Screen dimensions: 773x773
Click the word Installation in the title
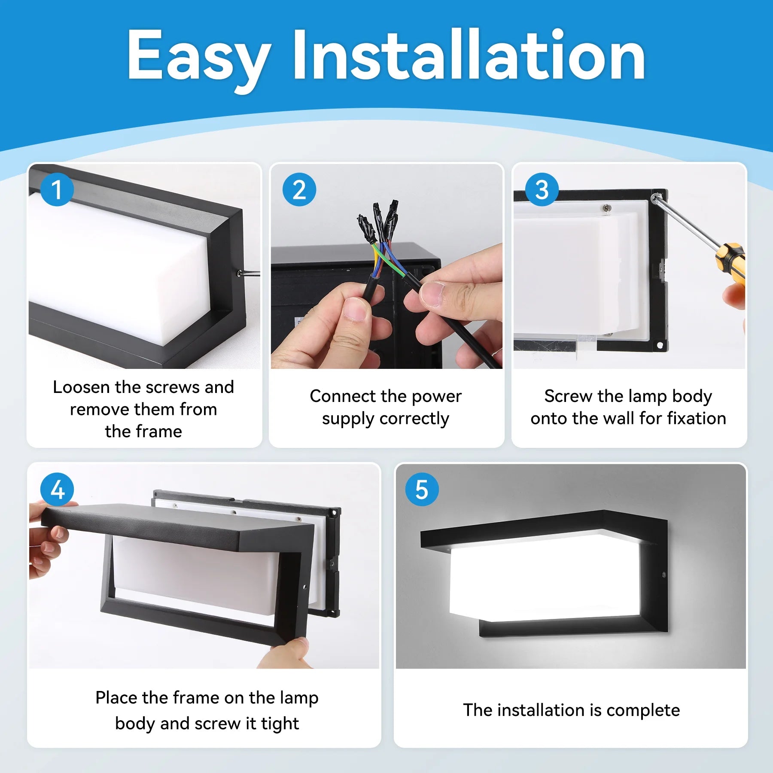click(468, 56)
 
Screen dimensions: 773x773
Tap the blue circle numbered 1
click(57, 189)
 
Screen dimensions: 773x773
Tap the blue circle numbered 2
click(299, 189)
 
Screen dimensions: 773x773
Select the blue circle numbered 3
click(542, 189)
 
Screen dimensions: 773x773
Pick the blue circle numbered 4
click(57, 489)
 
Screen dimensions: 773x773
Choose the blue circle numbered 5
click(422, 489)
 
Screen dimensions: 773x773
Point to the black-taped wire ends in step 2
click(378, 221)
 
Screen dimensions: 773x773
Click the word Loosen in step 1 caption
click(82, 387)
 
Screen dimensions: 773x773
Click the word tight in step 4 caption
click(280, 724)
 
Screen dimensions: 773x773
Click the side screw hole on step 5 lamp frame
click(664, 574)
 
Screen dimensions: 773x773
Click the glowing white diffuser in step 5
click(545, 575)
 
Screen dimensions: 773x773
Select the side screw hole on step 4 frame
click(304, 586)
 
